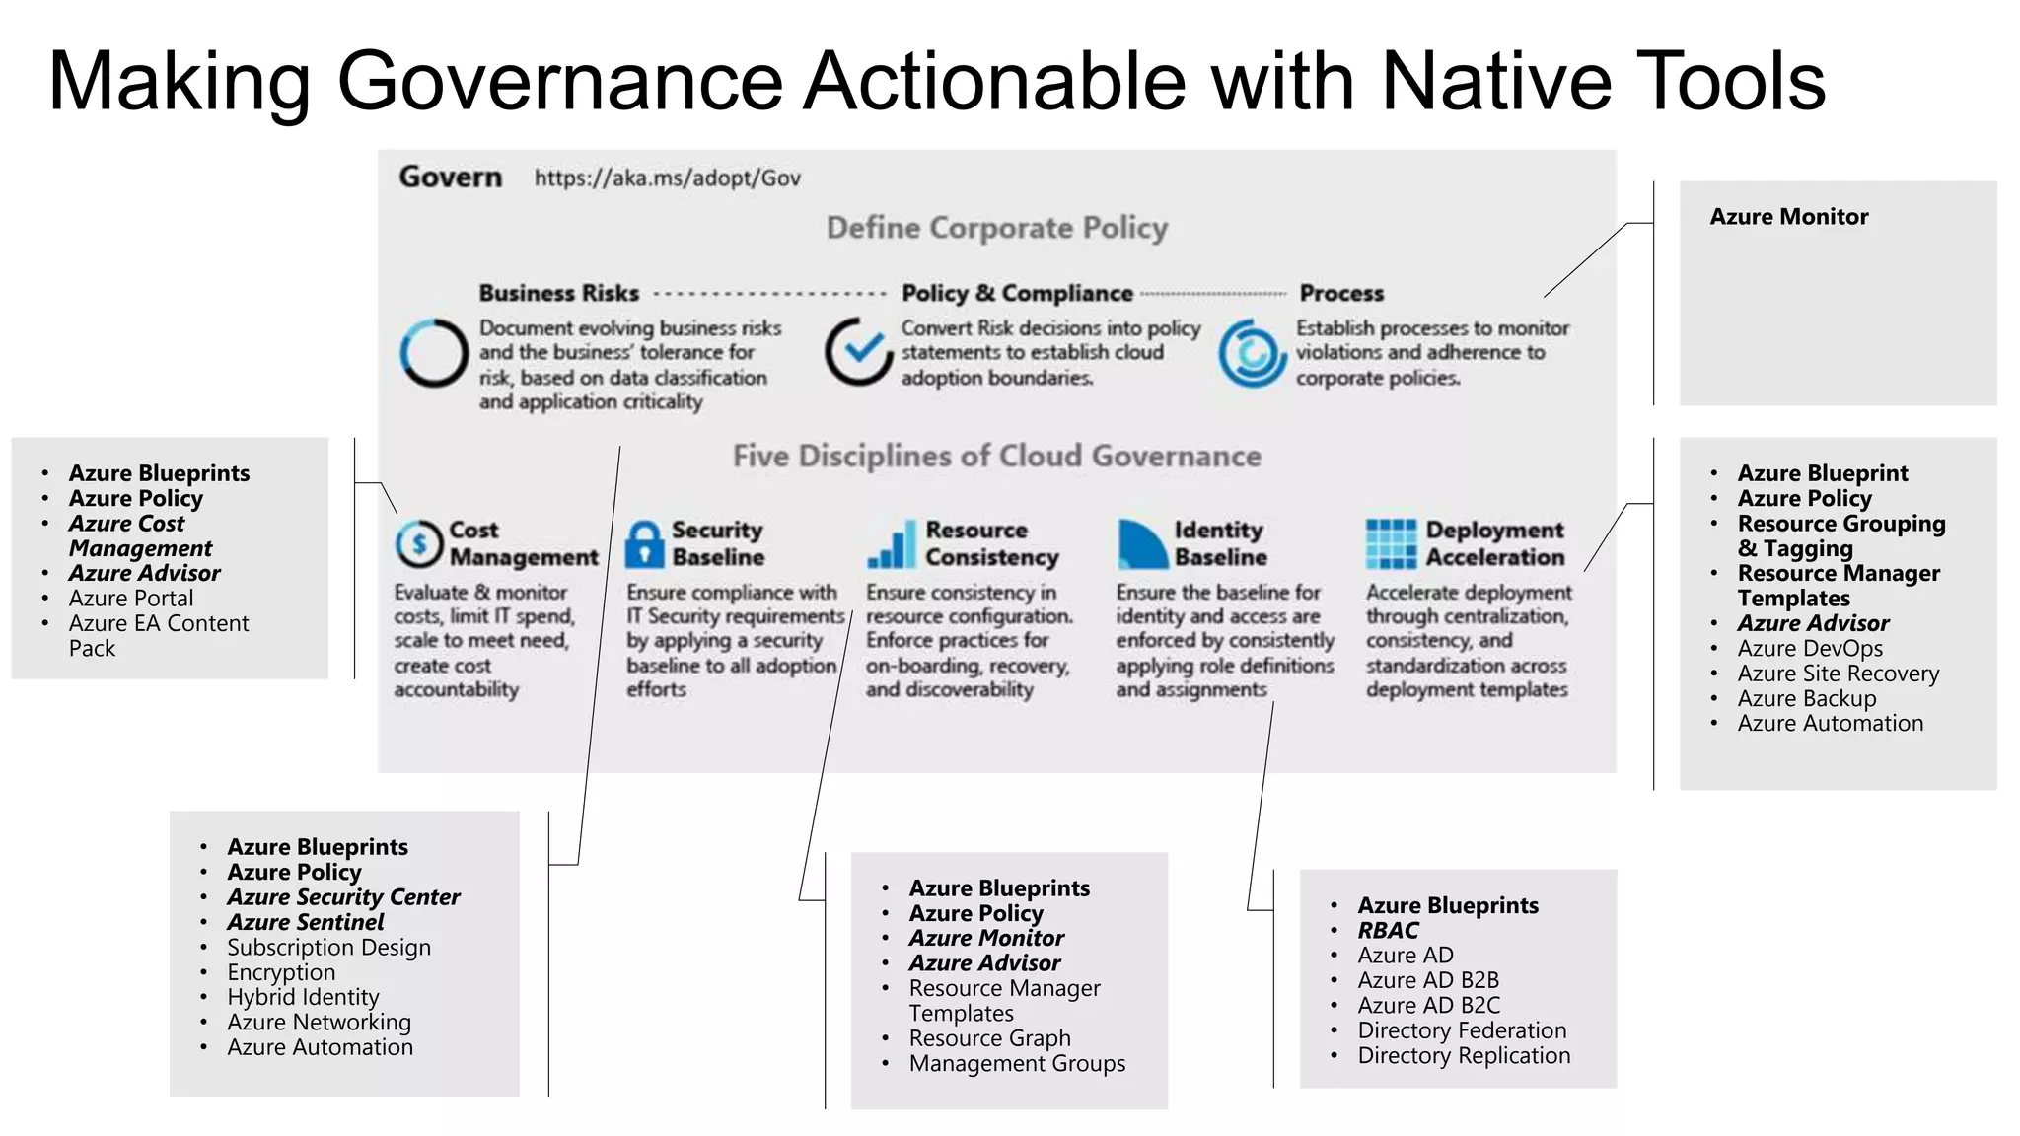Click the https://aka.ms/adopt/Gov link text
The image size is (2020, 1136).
(x=667, y=178)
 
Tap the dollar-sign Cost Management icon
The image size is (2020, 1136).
(x=419, y=543)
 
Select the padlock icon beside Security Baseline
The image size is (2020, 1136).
(x=644, y=543)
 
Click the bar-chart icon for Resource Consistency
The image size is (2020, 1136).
(x=891, y=545)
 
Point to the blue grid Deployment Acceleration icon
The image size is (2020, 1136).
(x=1391, y=543)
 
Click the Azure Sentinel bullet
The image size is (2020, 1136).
(x=305, y=922)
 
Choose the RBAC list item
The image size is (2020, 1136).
(x=1387, y=930)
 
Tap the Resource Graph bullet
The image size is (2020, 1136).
(x=989, y=1038)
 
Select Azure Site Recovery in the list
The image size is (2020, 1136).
(x=1838, y=674)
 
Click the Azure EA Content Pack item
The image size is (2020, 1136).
(x=158, y=635)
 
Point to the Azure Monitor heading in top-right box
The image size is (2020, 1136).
(x=1788, y=217)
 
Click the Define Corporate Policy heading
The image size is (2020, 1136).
(x=996, y=228)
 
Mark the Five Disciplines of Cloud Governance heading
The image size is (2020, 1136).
(x=996, y=456)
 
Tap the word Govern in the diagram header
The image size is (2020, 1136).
(x=450, y=177)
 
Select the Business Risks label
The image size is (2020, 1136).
(x=558, y=293)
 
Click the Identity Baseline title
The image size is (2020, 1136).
(x=1219, y=543)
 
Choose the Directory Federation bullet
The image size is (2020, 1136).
(x=1461, y=1030)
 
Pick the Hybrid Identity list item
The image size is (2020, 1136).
(x=303, y=997)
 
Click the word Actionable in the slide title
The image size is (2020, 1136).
(x=994, y=81)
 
